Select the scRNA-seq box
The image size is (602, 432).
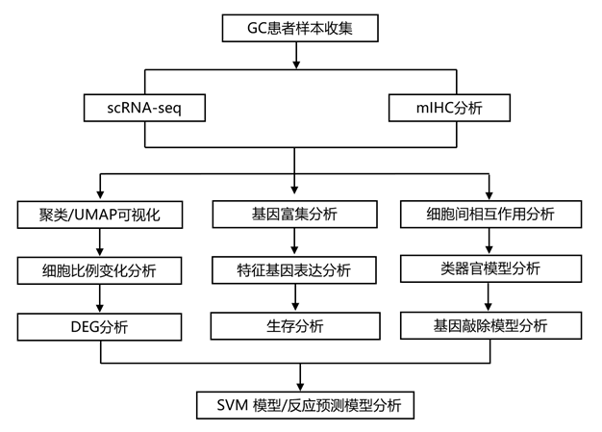pyautogui.click(x=144, y=107)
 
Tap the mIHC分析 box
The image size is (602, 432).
pyautogui.click(x=449, y=107)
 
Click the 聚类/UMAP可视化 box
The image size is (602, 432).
pyautogui.click(x=100, y=214)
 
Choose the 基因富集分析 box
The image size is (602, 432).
pyautogui.click(x=293, y=214)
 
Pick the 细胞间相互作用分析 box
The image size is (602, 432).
pyautogui.click(x=490, y=214)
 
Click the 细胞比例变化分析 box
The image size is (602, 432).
pyautogui.click(x=100, y=271)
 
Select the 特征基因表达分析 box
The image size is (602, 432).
pyautogui.click(x=293, y=271)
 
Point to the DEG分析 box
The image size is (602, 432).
pyautogui.click(x=100, y=327)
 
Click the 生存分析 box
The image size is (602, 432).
pyautogui.click(x=293, y=327)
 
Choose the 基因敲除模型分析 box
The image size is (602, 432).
pyautogui.click(x=490, y=325)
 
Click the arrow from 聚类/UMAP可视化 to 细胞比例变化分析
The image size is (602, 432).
pyautogui.click(x=100, y=242)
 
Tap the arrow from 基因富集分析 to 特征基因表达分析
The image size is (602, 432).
pyautogui.click(x=293, y=242)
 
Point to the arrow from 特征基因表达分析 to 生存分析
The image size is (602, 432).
pyautogui.click(x=293, y=299)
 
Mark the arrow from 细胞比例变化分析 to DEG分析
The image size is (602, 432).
pyautogui.click(x=100, y=299)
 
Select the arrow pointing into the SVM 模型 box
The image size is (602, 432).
pyautogui.click(x=303, y=377)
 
